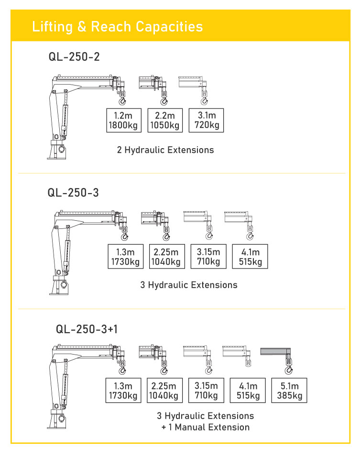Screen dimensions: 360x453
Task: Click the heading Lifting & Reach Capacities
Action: tap(118, 27)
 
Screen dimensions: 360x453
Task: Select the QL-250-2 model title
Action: tap(74, 56)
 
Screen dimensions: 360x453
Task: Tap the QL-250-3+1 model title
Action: tap(87, 329)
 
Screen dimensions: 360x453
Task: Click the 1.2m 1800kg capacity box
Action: tap(124, 120)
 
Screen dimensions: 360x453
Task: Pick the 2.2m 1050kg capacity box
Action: tap(165, 120)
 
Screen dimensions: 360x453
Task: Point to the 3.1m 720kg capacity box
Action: tap(206, 120)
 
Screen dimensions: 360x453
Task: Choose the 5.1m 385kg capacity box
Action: tap(289, 390)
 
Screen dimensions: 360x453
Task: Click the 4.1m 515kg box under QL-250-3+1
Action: tap(248, 390)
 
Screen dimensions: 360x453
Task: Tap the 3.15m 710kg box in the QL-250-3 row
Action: tap(208, 257)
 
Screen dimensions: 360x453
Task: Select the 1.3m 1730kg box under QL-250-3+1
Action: tap(123, 390)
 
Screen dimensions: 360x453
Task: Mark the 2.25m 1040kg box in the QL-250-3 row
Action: tap(167, 257)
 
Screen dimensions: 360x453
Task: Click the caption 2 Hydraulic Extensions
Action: tap(165, 150)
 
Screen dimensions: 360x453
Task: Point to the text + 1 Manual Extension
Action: tap(206, 427)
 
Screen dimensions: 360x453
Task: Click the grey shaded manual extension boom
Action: tap(275, 352)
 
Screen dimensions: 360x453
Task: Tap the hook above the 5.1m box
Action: tap(289, 369)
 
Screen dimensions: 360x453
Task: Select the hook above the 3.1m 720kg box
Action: tap(205, 100)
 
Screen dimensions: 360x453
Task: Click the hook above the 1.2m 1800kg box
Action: tap(122, 100)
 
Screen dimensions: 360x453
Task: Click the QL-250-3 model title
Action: tap(73, 193)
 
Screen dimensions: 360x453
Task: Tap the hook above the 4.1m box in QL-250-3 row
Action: tap(250, 236)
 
